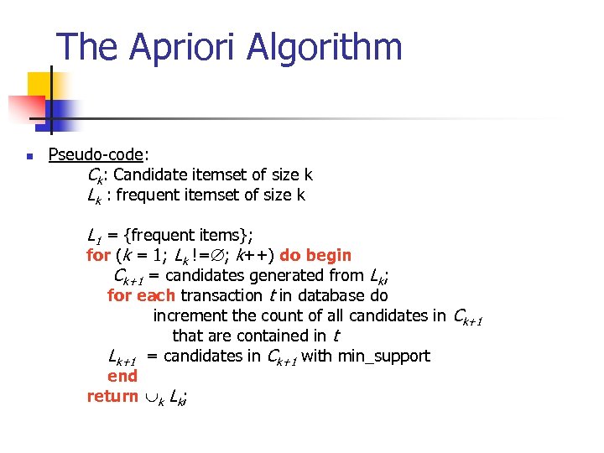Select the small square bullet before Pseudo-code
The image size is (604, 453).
29,156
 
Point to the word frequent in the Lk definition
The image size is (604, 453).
153,195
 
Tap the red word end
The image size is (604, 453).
122,376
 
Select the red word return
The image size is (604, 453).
112,396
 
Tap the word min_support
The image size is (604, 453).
383,356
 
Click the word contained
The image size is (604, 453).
264,336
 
